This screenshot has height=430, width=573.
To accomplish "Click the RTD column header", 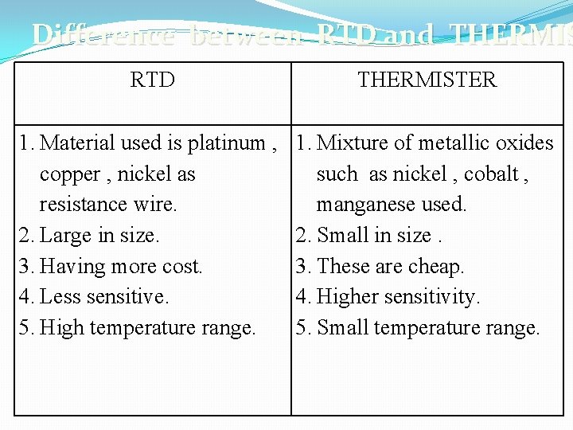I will coord(152,80).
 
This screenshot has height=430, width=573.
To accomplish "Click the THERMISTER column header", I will coord(427,80).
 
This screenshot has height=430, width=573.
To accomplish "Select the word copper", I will coord(70,174).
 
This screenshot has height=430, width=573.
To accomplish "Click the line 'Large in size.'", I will coord(99,236).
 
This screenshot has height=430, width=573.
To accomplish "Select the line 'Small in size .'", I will coord(379,236).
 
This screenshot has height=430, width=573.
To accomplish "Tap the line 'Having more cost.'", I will coord(120,266).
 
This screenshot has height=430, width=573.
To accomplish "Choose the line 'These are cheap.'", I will coord(390,266).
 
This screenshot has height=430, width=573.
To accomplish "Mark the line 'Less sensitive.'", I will coord(103,297).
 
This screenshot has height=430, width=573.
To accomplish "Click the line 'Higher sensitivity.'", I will coord(398,297).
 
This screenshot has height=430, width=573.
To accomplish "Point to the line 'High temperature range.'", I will coord(147,327).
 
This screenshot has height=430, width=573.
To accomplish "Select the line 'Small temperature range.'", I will coord(428,327).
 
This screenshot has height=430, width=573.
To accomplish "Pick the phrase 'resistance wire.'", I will coord(108,205).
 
